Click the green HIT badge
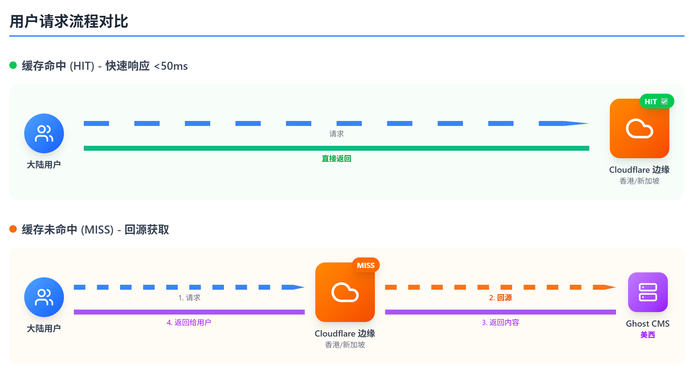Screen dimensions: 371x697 point(657,101)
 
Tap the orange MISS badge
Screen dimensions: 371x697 point(366,265)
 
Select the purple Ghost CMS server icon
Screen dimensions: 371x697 point(648,292)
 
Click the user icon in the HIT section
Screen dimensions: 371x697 point(44,133)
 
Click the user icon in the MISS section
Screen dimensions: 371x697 point(44,297)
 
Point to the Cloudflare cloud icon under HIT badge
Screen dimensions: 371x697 point(639,129)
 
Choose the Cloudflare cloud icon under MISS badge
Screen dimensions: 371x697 point(345,293)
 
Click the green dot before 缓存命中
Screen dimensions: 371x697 point(13,65)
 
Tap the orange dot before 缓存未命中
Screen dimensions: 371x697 point(13,229)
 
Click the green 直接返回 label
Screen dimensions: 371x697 point(336,159)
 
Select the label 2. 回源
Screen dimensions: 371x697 point(500,297)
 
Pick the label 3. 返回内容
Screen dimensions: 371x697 point(500,322)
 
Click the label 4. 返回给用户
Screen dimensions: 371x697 point(189,322)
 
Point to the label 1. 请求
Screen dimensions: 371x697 point(189,297)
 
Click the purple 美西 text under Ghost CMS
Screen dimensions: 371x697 point(648,335)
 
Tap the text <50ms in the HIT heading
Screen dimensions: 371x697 point(171,66)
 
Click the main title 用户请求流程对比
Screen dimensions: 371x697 point(69,21)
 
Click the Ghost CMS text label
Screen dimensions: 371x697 point(648,324)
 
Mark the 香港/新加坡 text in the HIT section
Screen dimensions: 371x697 point(639,181)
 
